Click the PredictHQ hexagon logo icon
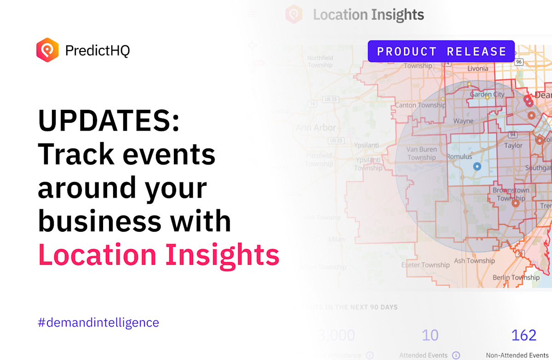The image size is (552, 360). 47,50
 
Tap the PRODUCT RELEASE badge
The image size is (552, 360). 441,51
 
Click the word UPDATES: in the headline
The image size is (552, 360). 109,121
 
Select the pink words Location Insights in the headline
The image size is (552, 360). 159,254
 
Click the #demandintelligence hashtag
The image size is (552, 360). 98,322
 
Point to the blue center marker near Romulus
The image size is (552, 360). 477,166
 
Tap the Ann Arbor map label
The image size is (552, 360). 316,127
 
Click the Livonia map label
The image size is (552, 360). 478,69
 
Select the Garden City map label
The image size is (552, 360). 487,94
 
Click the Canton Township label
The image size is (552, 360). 420,105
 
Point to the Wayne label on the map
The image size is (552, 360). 463,121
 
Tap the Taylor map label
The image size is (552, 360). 513,145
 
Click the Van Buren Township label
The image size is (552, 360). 421,153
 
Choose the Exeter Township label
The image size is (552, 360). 425,265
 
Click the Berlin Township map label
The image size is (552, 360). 516,277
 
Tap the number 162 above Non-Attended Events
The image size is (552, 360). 524,335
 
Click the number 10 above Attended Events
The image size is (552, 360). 430,335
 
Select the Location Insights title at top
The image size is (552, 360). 368,15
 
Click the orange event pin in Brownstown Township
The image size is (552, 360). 515,202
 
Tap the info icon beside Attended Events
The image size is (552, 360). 456,355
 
